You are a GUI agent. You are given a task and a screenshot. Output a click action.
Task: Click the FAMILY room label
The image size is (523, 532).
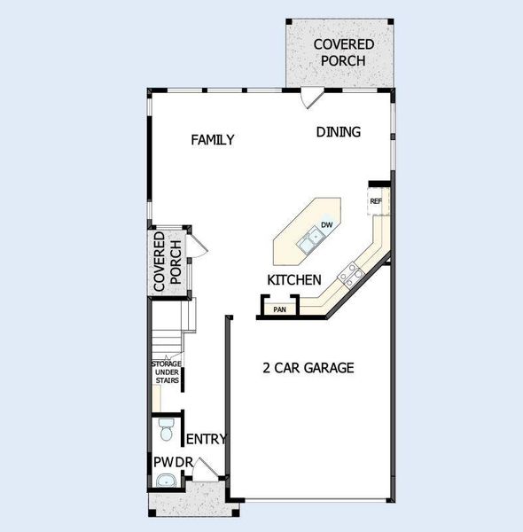[213, 139]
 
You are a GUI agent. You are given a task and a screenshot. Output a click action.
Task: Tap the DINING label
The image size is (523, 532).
[339, 132]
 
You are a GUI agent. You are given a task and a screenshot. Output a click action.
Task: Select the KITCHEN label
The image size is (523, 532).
[293, 280]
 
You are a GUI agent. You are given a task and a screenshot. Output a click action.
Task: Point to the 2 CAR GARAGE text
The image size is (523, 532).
[308, 367]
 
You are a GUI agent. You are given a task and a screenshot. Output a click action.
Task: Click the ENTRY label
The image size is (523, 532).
[207, 439]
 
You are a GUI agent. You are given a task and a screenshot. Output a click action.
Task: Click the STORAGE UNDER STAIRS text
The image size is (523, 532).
[166, 372]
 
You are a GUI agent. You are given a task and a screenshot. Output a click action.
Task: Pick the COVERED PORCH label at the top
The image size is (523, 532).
[343, 52]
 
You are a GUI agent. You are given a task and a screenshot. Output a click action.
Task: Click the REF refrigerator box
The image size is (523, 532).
[376, 201]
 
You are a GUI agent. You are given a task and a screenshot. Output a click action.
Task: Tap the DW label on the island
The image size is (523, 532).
[326, 224]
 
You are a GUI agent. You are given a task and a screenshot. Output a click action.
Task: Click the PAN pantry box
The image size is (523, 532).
[279, 309]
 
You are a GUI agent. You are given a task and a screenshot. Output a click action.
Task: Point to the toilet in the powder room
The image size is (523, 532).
[165, 431]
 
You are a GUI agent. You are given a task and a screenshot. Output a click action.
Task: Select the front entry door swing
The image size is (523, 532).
[203, 471]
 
